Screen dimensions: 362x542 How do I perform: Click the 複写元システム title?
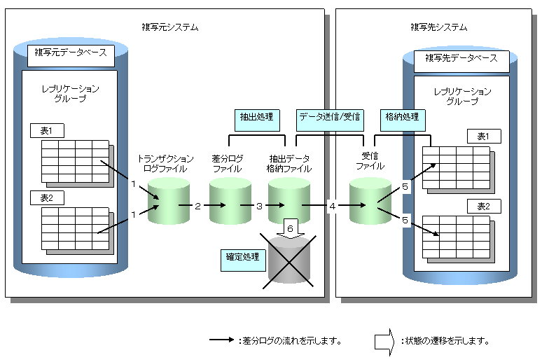point(169,27)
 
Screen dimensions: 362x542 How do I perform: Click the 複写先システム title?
point(438,27)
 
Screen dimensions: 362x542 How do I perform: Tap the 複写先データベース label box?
point(461,58)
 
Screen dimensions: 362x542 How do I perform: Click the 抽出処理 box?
point(256,116)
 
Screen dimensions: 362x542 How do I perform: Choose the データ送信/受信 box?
point(329,116)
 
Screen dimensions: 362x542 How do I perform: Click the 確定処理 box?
point(242,258)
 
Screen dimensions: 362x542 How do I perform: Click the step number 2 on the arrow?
point(198,206)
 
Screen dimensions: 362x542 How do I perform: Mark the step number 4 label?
point(333,206)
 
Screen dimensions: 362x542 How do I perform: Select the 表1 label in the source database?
point(47,130)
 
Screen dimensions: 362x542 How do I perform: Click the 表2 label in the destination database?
point(484,207)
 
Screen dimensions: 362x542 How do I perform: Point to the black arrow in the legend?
point(222,341)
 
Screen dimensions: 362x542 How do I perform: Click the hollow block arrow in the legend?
point(384,341)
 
